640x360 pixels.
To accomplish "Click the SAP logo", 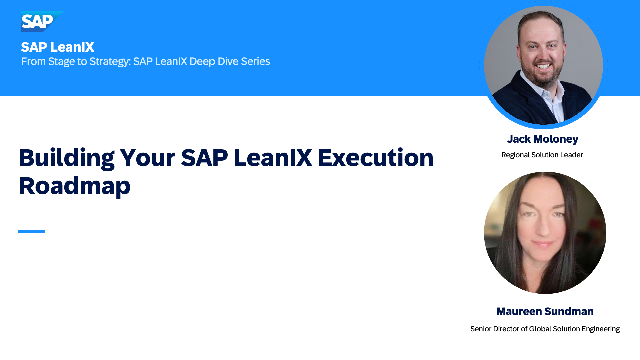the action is point(42,21).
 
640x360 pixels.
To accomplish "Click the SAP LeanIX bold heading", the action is point(58,47).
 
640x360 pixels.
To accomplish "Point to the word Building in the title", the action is point(67,158).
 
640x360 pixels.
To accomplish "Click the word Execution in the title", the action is point(376,158).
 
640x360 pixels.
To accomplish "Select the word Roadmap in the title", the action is point(75,186).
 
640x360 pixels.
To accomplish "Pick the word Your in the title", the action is point(147,158).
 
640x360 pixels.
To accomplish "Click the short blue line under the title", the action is point(31,231).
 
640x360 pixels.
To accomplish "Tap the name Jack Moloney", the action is point(542,139).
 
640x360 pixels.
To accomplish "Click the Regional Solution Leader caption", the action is point(542,155).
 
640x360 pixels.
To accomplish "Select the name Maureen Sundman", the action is point(545,311).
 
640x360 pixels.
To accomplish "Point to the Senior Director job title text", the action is point(545,329).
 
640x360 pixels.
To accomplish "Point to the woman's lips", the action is point(543,244).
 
